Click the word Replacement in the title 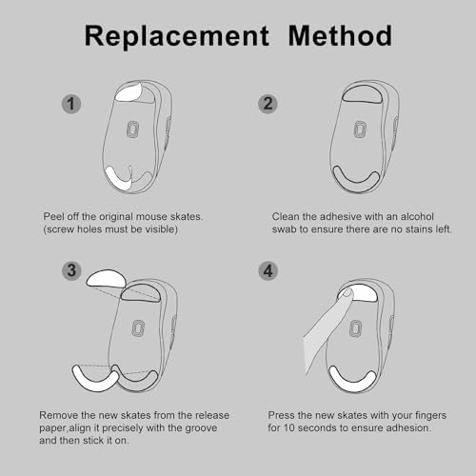point(177,37)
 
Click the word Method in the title point(340,35)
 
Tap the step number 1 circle point(71,104)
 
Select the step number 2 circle point(268,104)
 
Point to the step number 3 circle point(71,270)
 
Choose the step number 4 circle point(268,271)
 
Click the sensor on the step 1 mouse point(133,129)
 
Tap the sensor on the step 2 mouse point(360,129)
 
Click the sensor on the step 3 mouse point(138,328)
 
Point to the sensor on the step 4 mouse point(355,328)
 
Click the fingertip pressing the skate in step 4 point(347,293)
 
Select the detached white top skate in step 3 point(106,279)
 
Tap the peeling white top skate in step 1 point(129,92)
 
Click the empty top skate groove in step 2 point(362,94)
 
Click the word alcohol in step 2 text point(417,216)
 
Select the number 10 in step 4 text point(289,427)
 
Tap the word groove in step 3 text point(201,428)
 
